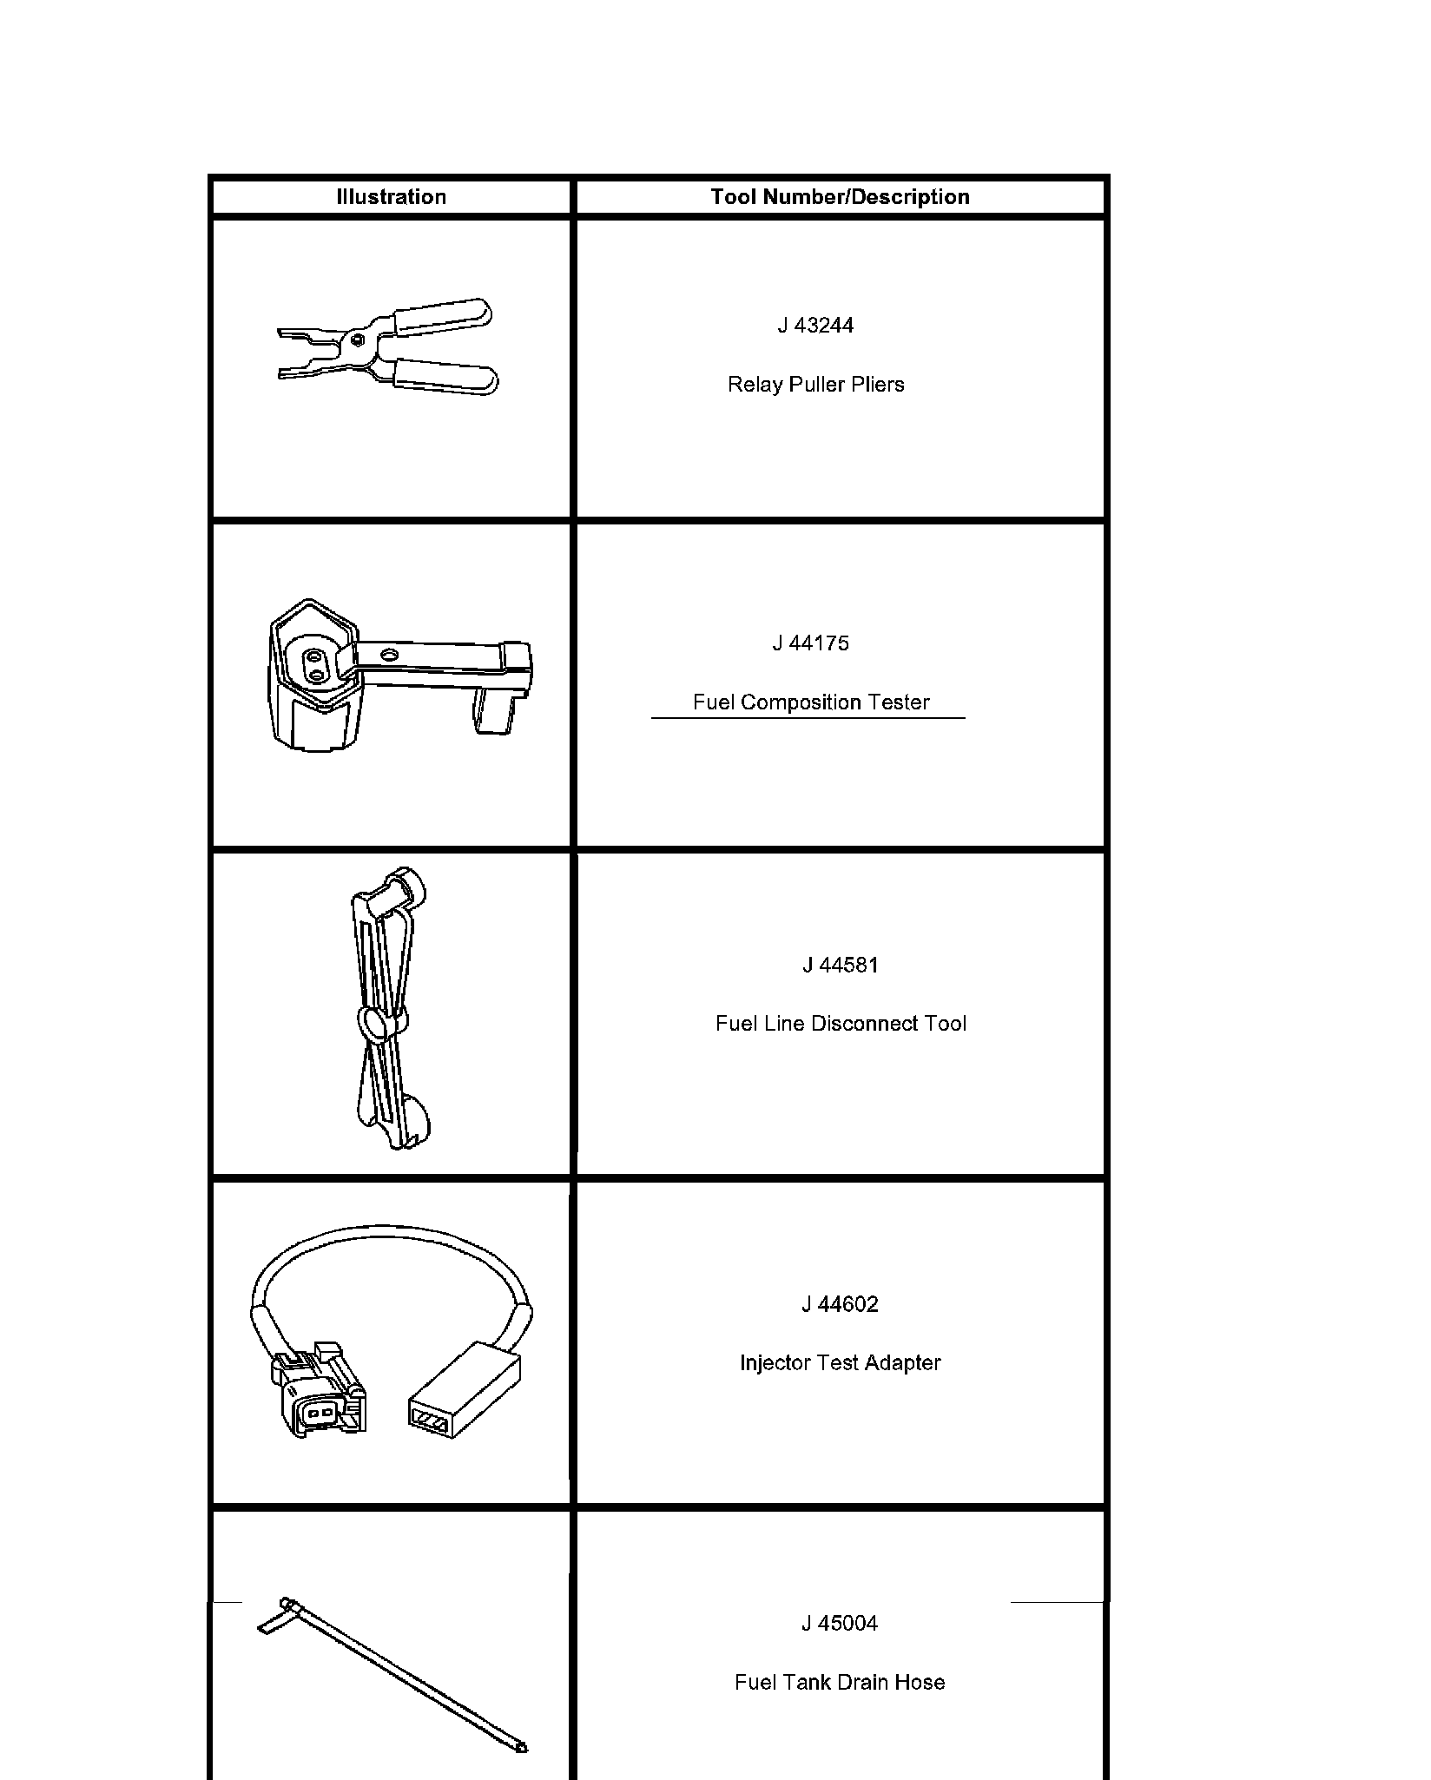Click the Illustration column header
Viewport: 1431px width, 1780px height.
click(391, 197)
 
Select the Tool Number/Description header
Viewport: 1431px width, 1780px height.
click(840, 197)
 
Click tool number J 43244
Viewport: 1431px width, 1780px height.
click(815, 326)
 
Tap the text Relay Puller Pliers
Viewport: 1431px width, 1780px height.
click(815, 385)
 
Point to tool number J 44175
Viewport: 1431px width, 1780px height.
click(810, 643)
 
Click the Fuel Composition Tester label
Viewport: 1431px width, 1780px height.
click(811, 702)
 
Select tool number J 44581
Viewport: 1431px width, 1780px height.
click(840, 965)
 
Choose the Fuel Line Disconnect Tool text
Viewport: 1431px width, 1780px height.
click(840, 1024)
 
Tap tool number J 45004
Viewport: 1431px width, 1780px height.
click(840, 1624)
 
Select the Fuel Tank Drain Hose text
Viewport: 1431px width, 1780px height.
click(840, 1683)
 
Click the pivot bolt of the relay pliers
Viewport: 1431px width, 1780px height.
click(358, 340)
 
